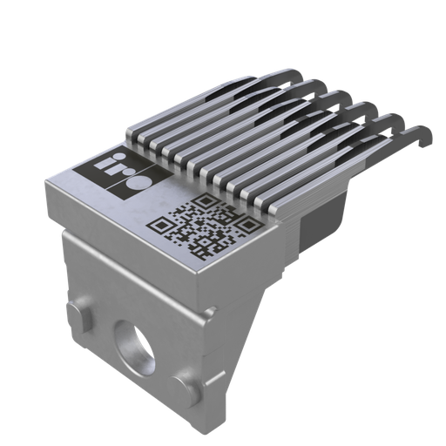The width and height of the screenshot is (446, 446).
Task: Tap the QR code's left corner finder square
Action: point(163,224)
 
